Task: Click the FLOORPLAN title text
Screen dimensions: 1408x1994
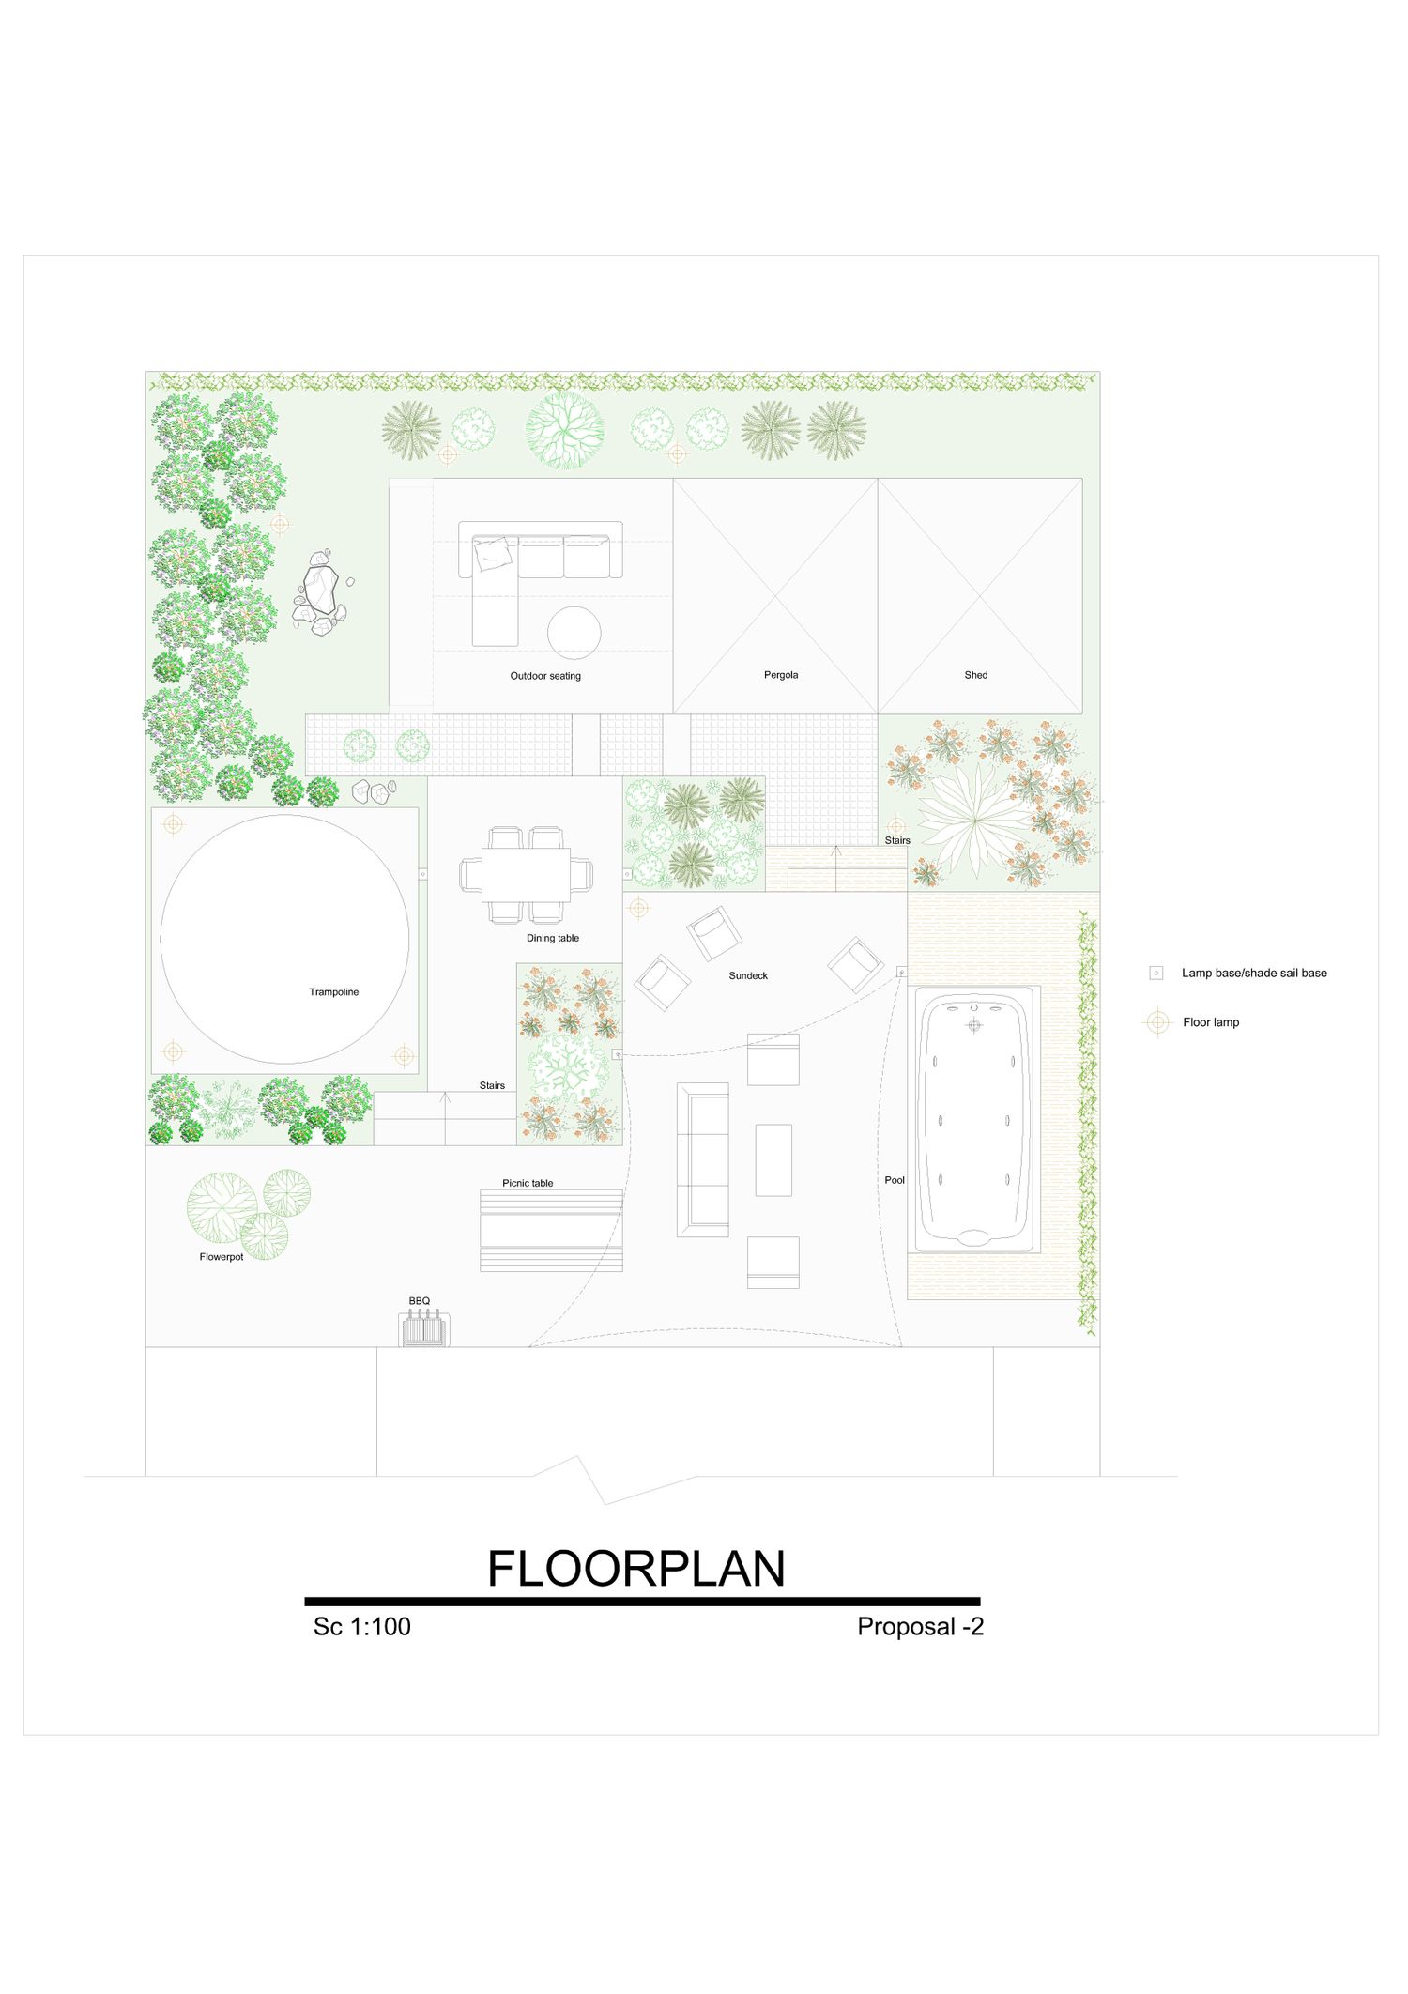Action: tap(636, 1569)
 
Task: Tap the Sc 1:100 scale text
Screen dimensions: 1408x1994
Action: tap(362, 1627)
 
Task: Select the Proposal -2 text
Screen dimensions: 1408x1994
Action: tap(921, 1627)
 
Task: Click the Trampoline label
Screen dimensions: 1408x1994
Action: tap(334, 992)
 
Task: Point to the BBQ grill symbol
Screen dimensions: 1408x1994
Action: tap(424, 1329)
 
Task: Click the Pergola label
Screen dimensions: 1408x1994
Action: tap(781, 675)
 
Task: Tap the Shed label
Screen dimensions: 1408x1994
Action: tap(976, 675)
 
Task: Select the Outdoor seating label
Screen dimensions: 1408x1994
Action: tap(545, 676)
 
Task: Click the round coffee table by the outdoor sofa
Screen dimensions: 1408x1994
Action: tap(574, 633)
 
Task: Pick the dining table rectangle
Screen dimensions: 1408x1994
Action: tap(526, 875)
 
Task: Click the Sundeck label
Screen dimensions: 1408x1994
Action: tap(748, 976)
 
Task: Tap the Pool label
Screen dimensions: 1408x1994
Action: tap(895, 1180)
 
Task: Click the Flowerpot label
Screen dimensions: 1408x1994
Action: tap(222, 1257)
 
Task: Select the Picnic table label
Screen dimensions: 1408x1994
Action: tap(528, 1183)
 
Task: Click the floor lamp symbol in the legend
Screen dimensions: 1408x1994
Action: tap(1158, 1022)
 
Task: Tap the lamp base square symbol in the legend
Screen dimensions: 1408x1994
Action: tap(1156, 974)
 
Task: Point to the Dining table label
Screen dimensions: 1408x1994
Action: tap(553, 938)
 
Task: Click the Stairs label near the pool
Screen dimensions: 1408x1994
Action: tap(897, 840)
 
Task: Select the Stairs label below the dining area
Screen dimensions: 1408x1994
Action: tap(492, 1085)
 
